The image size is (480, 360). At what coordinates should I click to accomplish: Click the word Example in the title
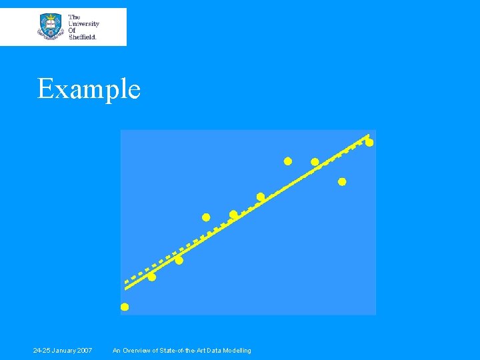pyautogui.click(x=89, y=89)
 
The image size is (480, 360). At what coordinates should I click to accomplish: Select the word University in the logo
pyautogui.click(x=85, y=23)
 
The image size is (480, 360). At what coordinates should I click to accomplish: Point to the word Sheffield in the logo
pyautogui.click(x=83, y=37)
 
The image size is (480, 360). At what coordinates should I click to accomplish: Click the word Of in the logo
pyautogui.click(x=72, y=30)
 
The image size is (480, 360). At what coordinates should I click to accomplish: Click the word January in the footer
pyautogui.click(x=65, y=351)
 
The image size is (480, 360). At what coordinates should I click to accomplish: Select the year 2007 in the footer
pyautogui.click(x=85, y=351)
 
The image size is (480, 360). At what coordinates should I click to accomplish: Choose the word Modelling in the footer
pyautogui.click(x=237, y=351)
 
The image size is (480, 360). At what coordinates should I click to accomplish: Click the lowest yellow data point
pyautogui.click(x=125, y=307)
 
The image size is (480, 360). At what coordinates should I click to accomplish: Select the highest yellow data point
pyautogui.click(x=369, y=143)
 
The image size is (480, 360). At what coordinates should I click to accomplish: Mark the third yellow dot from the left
pyautogui.click(x=179, y=261)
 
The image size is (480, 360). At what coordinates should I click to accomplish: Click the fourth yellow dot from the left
pyautogui.click(x=206, y=217)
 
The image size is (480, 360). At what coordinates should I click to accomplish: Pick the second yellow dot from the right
pyautogui.click(x=342, y=182)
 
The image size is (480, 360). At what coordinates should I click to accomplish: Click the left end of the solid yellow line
pyautogui.click(x=126, y=289)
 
